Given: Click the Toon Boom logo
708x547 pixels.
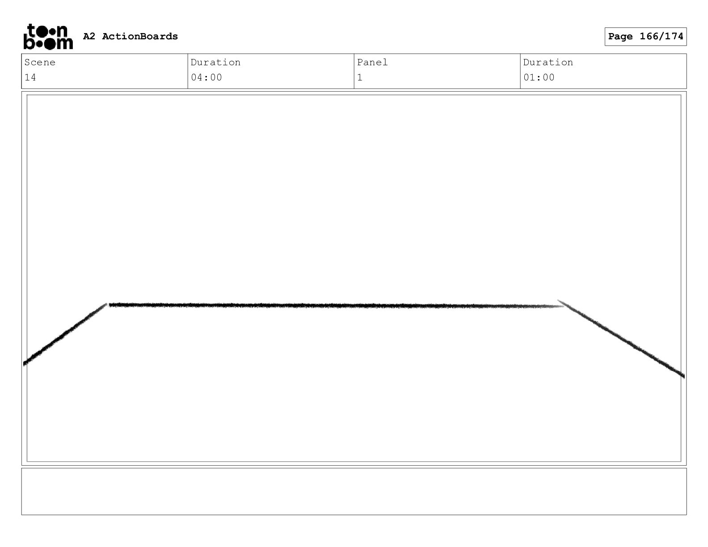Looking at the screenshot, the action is [48, 37].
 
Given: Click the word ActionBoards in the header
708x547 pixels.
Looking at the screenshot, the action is [140, 36].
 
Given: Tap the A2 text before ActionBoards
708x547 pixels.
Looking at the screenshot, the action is [89, 36].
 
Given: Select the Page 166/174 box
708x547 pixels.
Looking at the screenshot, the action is [645, 37].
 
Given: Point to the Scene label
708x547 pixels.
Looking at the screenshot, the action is [40, 62].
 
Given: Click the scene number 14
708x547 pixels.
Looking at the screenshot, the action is [30, 78].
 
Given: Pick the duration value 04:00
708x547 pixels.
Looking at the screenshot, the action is [206, 78].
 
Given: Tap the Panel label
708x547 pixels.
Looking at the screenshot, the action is [372, 62].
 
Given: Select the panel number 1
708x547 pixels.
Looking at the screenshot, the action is [360, 78].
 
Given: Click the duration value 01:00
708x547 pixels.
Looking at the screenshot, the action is [539, 78].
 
